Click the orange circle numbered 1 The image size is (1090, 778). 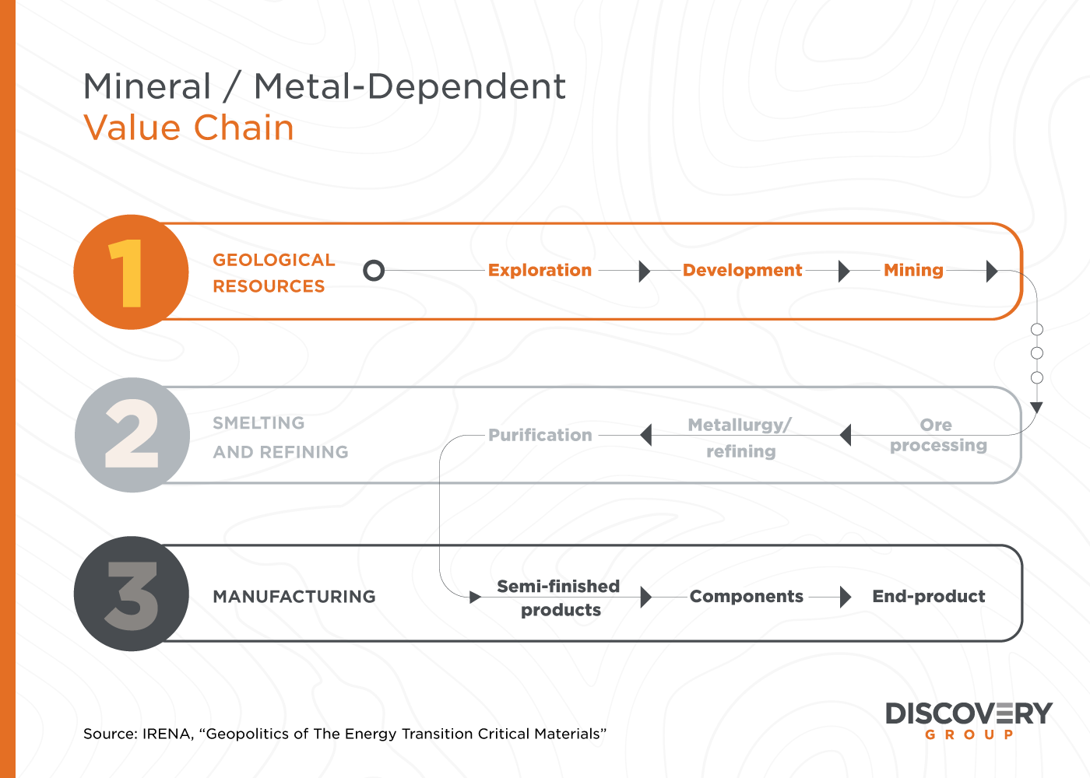tap(131, 272)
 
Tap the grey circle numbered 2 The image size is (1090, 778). tap(132, 435)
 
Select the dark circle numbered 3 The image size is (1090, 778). tap(132, 594)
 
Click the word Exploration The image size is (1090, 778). tap(540, 271)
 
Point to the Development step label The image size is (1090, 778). tap(742, 271)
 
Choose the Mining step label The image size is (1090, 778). tap(913, 271)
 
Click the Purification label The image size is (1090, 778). tap(540, 435)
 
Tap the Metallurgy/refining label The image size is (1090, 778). tap(740, 437)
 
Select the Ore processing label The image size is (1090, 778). tap(938, 435)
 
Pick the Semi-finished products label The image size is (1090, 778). tap(559, 598)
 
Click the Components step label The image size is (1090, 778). tap(747, 596)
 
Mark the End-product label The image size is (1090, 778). tap(928, 596)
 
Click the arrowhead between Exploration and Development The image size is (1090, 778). tap(645, 271)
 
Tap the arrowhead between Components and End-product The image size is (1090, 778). tap(846, 598)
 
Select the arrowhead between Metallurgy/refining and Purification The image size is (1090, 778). tap(645, 435)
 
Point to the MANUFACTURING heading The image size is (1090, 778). tap(294, 597)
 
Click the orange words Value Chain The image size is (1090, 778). tap(188, 128)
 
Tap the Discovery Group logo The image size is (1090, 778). tap(969, 720)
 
